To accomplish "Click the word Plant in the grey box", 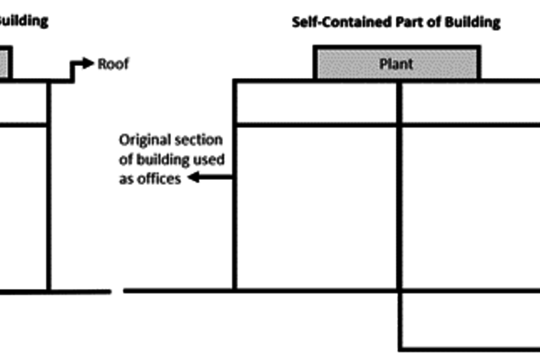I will pyautogui.click(x=397, y=64).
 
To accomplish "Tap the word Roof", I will pyautogui.click(x=113, y=64).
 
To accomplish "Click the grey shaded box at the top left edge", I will pyautogui.click(x=4, y=64).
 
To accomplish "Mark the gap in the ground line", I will pyautogui.click(x=117, y=291).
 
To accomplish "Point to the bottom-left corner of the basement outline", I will pyautogui.click(x=400, y=349).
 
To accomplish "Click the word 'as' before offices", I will pyautogui.click(x=127, y=178).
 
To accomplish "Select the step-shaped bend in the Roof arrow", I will pyautogui.click(x=72, y=72).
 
